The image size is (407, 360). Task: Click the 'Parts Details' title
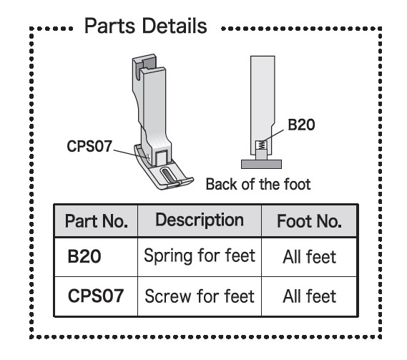pos(146,26)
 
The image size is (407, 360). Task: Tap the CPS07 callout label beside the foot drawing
pos(89,146)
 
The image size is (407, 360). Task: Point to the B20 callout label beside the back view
pos(301,125)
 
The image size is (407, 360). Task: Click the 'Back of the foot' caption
pos(258,185)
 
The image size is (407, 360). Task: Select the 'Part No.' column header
pos(97,221)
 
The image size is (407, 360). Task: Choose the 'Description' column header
pos(200,220)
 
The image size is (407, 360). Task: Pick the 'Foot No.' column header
pos(309,221)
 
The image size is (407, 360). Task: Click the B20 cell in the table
pos(84,257)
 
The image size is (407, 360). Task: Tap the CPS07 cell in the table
pos(96,296)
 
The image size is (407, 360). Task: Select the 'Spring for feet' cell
pos(200,256)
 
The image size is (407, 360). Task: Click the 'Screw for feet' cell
pos(200,296)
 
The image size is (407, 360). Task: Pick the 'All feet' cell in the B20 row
pos(310,257)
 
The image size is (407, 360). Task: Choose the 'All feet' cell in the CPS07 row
pos(310,296)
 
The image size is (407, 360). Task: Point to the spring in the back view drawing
pos(263,145)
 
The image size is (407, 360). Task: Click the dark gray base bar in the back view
pos(261,164)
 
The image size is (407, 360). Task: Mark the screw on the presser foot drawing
pos(147,157)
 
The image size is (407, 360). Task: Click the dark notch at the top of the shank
pos(148,63)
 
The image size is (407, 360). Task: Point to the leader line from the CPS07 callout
pos(130,153)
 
